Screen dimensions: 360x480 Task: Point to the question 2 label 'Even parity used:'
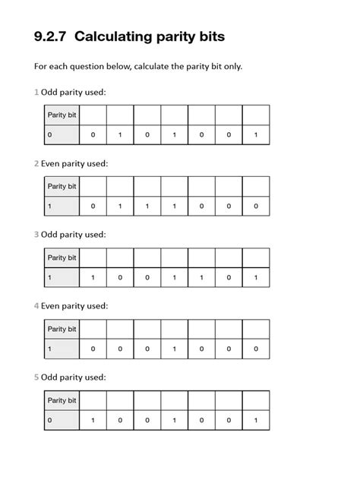(74, 163)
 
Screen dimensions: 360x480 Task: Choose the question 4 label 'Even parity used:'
(74, 306)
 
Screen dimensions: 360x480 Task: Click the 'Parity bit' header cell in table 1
(62, 115)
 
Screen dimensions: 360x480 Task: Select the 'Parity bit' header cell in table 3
(62, 257)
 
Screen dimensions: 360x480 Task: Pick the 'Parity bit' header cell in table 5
(62, 400)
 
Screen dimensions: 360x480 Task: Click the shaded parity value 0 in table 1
(50, 135)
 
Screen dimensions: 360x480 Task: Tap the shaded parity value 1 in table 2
(50, 207)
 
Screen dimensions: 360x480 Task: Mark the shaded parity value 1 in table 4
(50, 349)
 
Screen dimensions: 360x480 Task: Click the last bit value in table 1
(256, 135)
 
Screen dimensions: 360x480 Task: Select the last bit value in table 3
(256, 278)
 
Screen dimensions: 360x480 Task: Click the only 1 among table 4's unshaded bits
(174, 349)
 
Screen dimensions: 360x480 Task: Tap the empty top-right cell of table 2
(256, 186)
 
